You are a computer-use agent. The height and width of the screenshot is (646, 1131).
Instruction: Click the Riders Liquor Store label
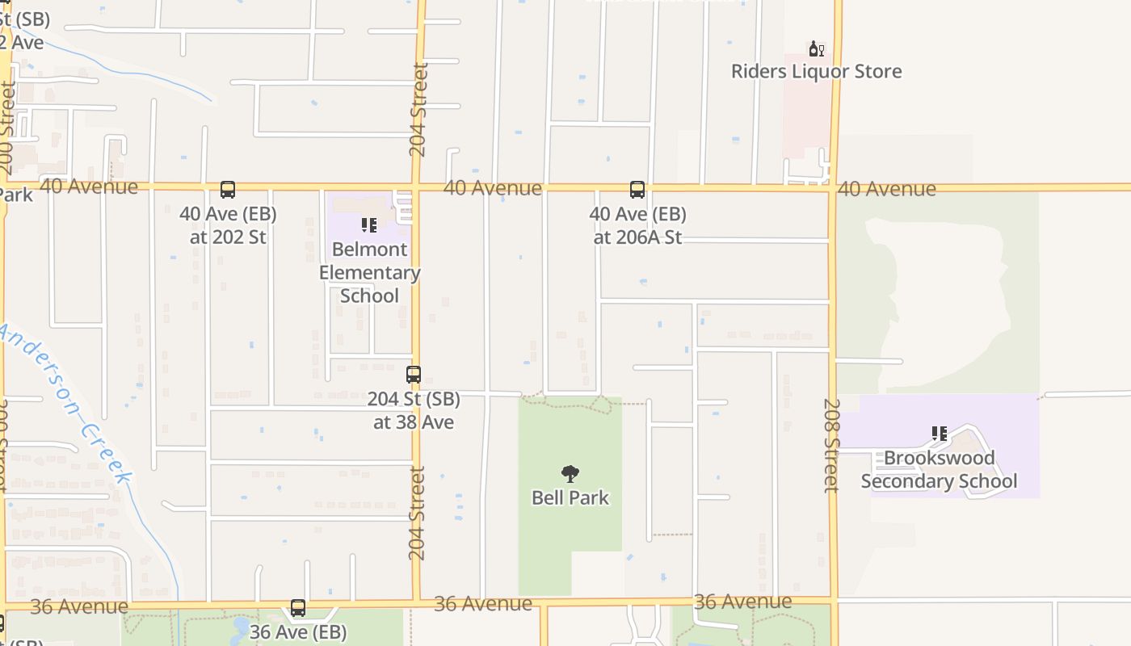(816, 71)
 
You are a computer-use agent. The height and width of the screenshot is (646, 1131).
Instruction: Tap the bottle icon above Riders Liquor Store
(817, 49)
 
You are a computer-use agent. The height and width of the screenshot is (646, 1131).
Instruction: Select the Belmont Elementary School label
(369, 272)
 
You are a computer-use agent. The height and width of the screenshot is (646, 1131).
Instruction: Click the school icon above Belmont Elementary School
(369, 225)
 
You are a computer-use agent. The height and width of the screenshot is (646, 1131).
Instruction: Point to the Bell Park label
(570, 497)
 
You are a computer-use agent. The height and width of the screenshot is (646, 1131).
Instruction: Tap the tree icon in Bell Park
(570, 474)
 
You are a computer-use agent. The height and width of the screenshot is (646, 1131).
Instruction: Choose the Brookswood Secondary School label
(939, 469)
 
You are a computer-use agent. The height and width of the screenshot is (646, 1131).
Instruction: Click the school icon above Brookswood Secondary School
(939, 434)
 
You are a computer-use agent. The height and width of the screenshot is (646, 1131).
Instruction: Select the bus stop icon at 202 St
(228, 190)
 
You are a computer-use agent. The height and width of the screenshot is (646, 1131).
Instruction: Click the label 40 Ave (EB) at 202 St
(228, 225)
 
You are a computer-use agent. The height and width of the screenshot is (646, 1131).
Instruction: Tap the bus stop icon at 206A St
(637, 190)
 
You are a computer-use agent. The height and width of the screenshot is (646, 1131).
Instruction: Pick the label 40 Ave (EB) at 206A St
(637, 225)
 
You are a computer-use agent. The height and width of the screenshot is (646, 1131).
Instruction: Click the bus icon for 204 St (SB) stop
(414, 375)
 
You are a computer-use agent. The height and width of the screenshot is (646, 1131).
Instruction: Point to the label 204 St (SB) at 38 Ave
(414, 410)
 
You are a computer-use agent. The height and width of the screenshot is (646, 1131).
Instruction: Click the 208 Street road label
(831, 445)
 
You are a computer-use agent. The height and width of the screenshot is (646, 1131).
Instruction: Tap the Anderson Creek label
(65, 404)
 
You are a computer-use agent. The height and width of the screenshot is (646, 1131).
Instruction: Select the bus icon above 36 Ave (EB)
(298, 608)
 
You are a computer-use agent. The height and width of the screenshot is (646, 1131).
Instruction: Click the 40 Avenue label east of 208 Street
(886, 189)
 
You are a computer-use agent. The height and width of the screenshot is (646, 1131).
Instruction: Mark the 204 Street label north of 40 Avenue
(418, 110)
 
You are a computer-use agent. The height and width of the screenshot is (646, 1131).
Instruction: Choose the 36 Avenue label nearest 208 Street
(742, 602)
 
